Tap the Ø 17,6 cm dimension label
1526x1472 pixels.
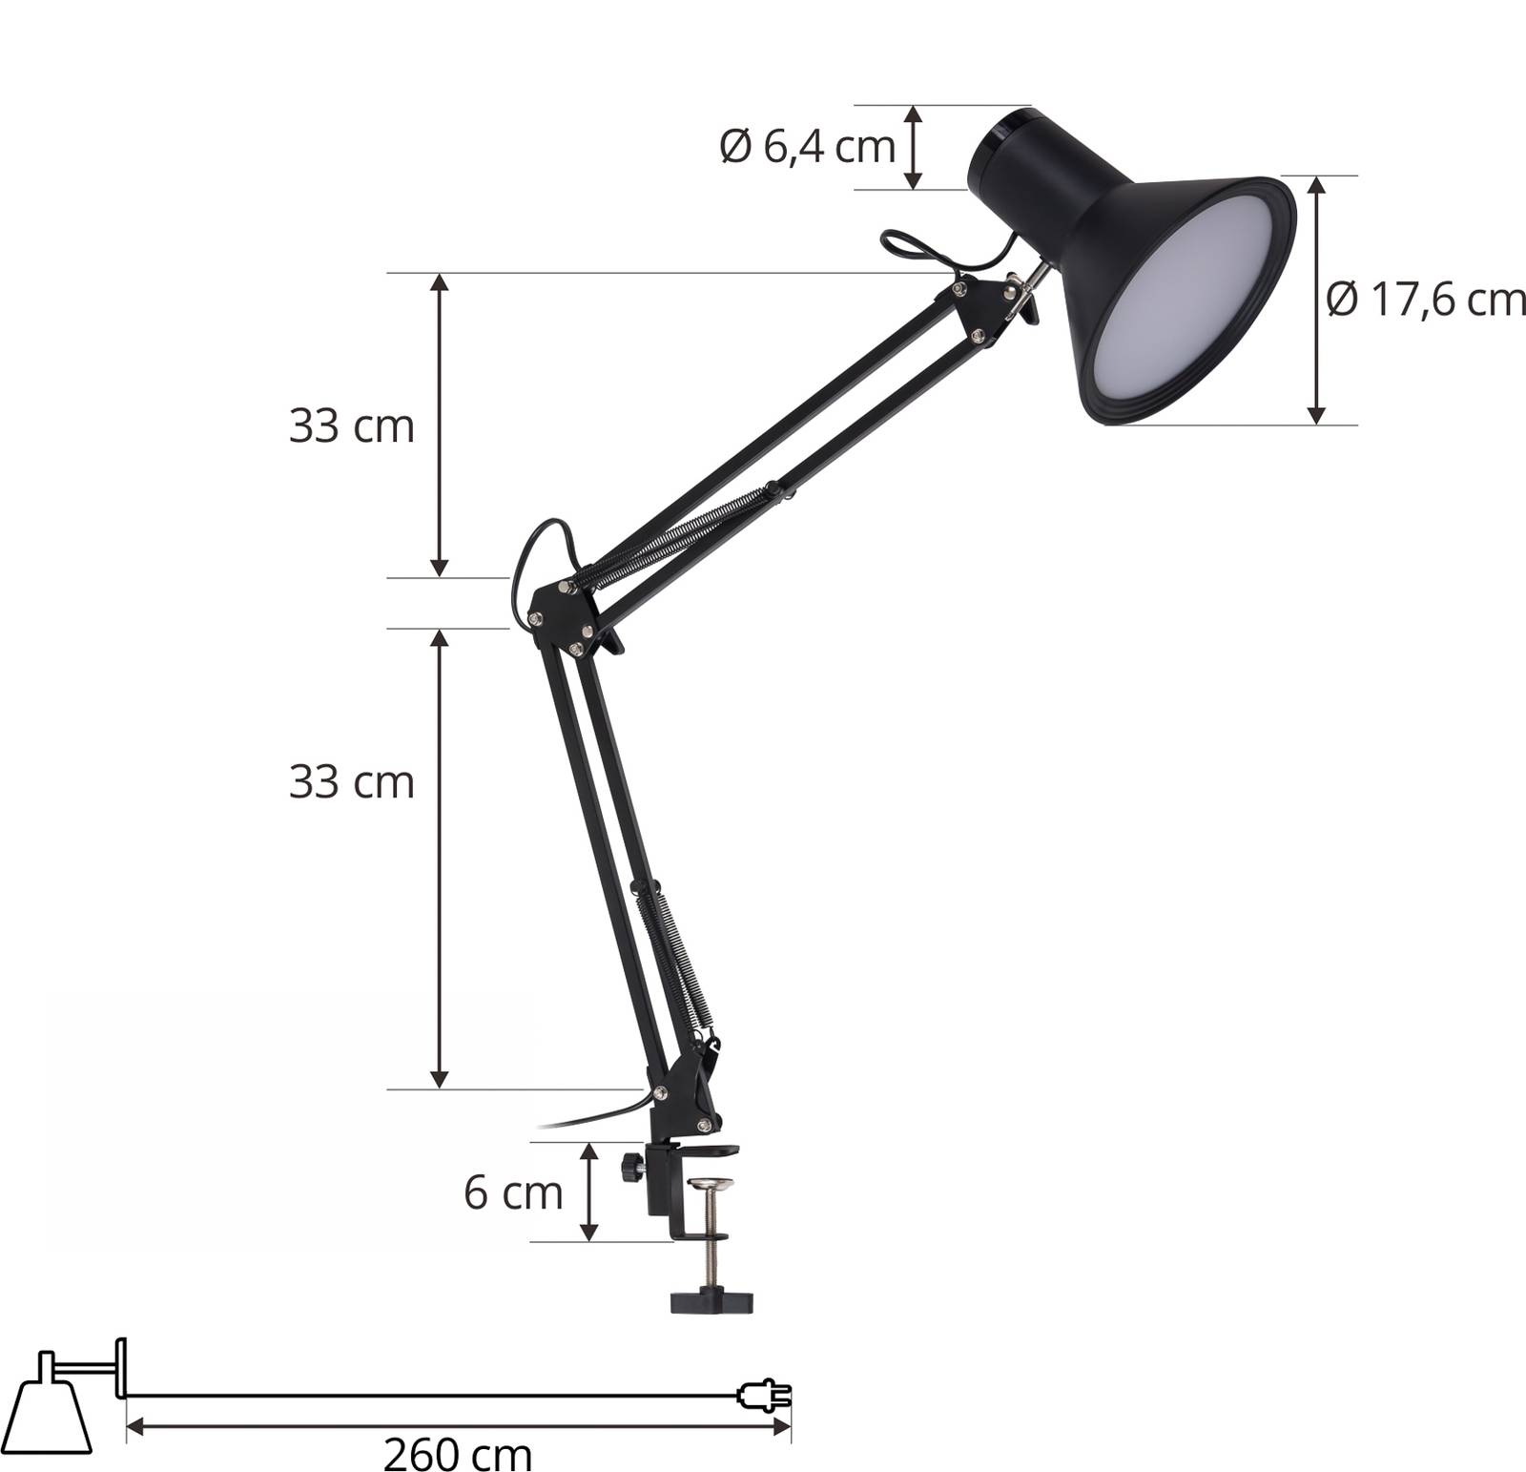coord(1425,301)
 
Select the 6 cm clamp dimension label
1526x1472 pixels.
coord(513,1193)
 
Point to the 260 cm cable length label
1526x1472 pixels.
coord(458,1455)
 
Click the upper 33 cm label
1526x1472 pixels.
coord(352,426)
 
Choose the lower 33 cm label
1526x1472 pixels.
coord(352,783)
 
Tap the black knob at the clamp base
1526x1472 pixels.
coord(630,1167)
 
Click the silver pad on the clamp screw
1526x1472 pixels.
coord(712,1187)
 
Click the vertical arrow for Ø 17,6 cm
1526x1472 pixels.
coord(1317,300)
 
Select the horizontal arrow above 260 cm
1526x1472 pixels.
coord(458,1427)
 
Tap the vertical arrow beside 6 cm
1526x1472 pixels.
coord(589,1192)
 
